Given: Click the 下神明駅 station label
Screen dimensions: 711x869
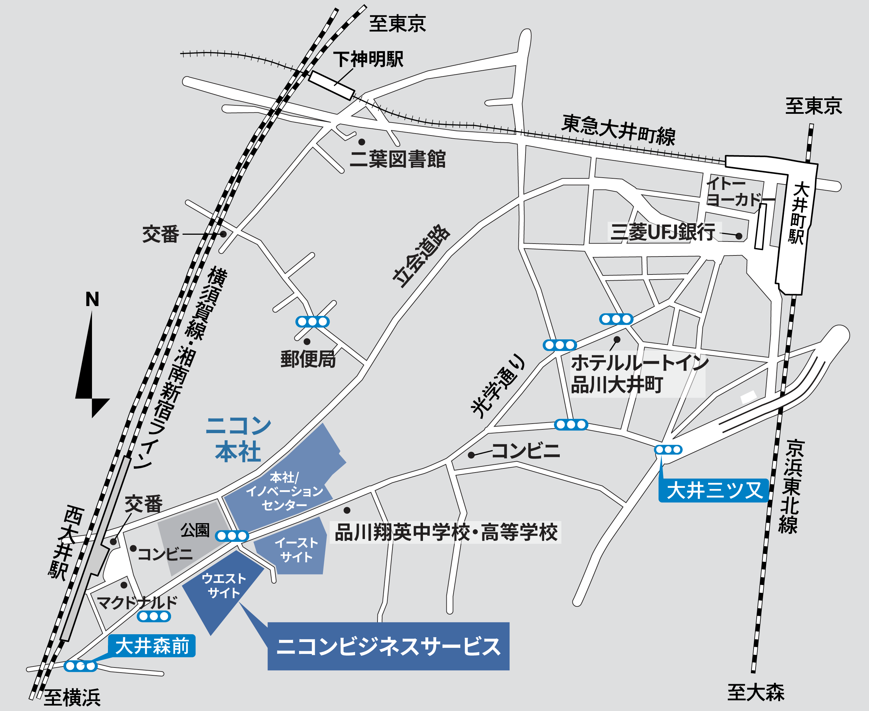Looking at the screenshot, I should coord(368,60).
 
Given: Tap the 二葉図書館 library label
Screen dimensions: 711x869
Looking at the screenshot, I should coord(397,159).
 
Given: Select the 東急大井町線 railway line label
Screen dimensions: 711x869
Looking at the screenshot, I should coord(618,130).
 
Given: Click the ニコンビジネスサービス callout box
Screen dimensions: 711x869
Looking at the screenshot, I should coord(388,647).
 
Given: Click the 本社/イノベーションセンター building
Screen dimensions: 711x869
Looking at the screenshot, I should coord(284,491).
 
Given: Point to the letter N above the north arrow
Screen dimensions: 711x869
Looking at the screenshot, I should coord(92,299).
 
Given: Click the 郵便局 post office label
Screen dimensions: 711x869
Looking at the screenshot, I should coord(308,360).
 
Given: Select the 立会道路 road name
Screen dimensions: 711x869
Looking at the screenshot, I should coord(421,256).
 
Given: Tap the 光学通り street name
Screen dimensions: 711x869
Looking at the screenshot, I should coord(497,387).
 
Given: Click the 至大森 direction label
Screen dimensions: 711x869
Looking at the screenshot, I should coord(756,692).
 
